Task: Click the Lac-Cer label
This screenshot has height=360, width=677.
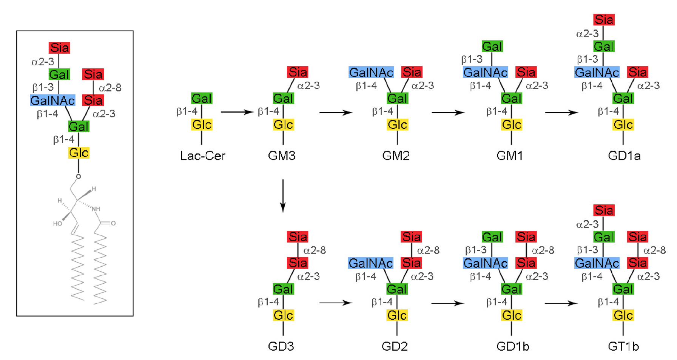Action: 202,156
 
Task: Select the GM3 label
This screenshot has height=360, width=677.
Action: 282,156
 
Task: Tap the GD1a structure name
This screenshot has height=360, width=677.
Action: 624,156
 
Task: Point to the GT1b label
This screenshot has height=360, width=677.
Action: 623,346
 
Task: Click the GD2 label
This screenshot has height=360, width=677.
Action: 395,346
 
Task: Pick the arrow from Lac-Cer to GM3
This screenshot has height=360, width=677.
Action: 237,112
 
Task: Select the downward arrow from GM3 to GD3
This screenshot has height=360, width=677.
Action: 283,196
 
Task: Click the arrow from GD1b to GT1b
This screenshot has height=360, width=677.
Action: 561,303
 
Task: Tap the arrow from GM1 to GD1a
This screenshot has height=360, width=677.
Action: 561,112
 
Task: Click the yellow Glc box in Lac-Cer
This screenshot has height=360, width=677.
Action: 202,125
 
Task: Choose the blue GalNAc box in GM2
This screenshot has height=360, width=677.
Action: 371,72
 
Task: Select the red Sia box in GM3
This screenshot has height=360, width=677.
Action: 298,72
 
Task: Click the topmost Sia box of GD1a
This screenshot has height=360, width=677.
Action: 604,20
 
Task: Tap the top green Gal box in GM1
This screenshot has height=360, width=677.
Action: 492,46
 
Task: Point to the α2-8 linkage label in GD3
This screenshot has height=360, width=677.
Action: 315,250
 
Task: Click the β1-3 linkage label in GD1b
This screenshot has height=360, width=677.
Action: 476,250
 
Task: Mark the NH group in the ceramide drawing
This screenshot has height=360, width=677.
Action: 96,209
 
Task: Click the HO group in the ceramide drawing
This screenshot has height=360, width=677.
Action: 57,224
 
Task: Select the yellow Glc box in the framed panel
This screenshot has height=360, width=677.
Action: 79,153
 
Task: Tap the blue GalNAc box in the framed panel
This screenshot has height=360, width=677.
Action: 52,100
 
